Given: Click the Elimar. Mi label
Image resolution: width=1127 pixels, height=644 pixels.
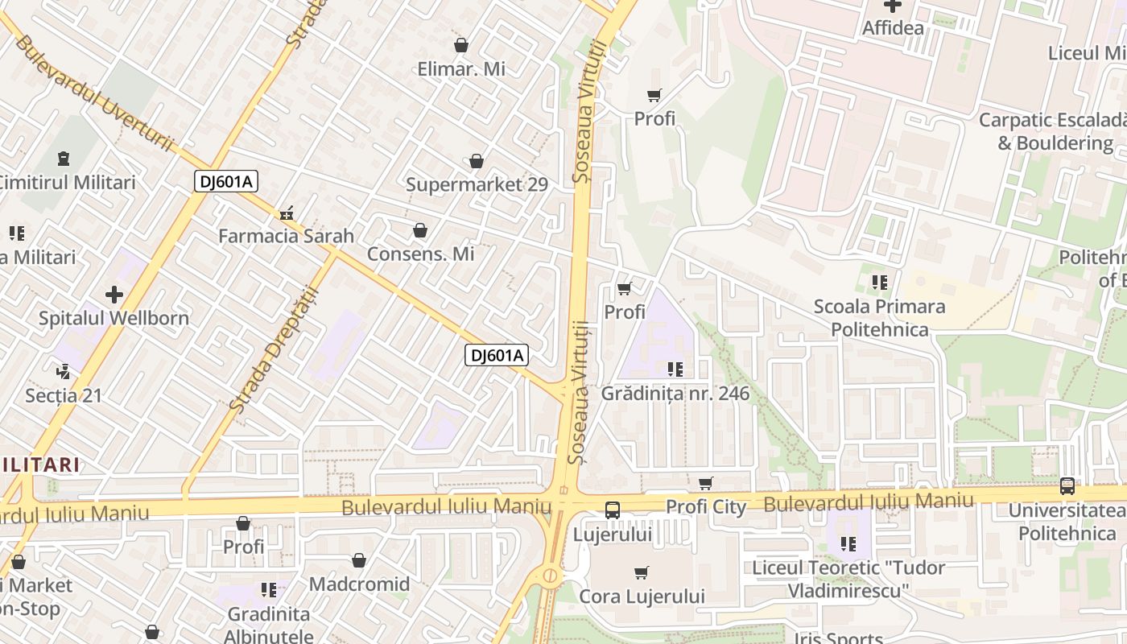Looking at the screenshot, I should click(x=461, y=69).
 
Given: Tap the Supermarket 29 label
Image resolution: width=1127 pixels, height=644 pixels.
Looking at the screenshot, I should click(x=477, y=184).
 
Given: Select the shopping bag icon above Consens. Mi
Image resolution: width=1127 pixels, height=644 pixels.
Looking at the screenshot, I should click(x=419, y=231).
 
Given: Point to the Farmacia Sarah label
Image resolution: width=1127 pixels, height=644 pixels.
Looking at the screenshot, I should click(x=286, y=236).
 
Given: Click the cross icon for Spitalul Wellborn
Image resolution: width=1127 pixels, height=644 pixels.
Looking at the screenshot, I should click(x=114, y=295).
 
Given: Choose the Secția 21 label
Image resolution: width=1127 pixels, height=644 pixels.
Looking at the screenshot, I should click(x=64, y=395).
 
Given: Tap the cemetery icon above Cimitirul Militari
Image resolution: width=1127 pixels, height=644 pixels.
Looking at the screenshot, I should click(x=64, y=159).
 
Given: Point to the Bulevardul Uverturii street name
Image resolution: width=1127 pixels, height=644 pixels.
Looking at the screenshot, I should click(x=94, y=93).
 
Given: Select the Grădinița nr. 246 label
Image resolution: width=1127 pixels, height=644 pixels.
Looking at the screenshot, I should click(x=675, y=394).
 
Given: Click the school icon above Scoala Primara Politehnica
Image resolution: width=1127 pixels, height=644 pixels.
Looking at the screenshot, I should click(x=879, y=283).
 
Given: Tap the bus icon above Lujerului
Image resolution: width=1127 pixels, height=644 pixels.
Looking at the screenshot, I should click(x=612, y=510).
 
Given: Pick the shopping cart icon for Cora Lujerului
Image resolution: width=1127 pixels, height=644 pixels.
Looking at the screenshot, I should click(x=641, y=573).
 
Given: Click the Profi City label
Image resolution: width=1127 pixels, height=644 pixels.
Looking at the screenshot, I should click(x=706, y=507).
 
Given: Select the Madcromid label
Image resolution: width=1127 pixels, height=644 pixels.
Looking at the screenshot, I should click(x=359, y=584).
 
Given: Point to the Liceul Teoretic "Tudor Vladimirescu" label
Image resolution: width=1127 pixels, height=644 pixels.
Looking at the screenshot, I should click(x=848, y=579).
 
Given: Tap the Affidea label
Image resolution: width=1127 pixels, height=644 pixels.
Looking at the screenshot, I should click(x=893, y=28).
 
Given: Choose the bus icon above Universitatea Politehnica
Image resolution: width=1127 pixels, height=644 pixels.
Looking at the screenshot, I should click(x=1067, y=486).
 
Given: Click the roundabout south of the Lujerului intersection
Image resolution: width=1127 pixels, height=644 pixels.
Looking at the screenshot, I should click(x=550, y=576).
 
